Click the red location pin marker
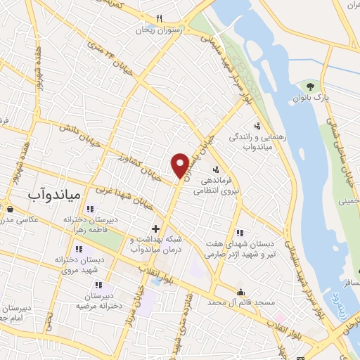(x=180, y=165)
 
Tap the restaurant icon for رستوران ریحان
(x=160, y=18)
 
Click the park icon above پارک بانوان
(x=310, y=85)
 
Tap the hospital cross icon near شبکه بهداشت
(x=157, y=229)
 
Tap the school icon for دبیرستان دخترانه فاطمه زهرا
(x=89, y=209)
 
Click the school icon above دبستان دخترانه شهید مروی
(x=79, y=249)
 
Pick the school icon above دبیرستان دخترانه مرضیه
(x=98, y=285)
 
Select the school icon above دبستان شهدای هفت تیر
(x=240, y=233)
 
